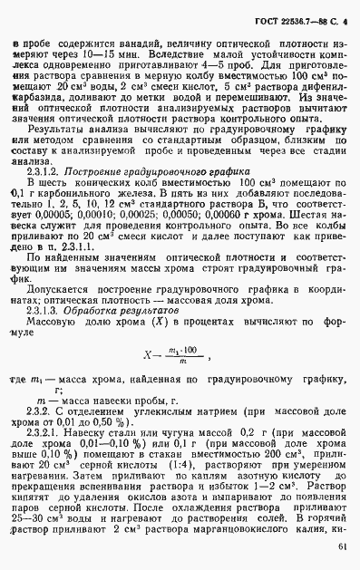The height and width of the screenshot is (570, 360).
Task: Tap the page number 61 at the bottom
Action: [340, 547]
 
